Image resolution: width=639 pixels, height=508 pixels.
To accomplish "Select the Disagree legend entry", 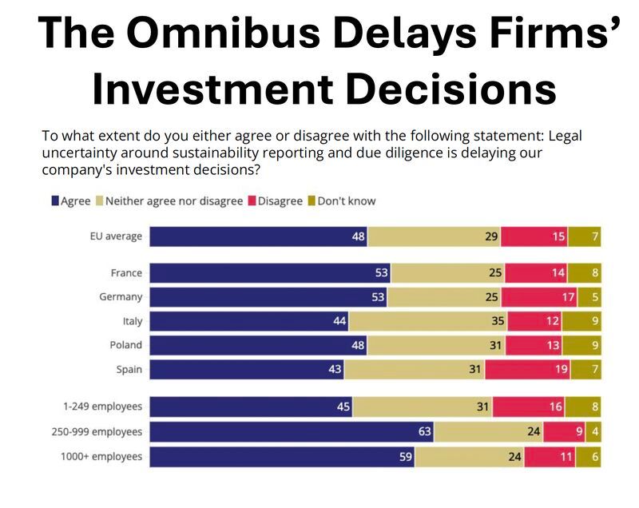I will click(x=276, y=201).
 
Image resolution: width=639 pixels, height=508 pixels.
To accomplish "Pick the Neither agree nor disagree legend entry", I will click(x=173, y=201).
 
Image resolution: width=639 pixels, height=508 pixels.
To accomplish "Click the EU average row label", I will click(x=116, y=236).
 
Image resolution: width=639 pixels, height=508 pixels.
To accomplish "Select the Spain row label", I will click(x=128, y=369).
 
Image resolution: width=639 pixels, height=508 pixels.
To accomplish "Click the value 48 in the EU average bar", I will click(x=358, y=236).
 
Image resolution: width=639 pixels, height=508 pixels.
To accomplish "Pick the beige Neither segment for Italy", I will click(x=427, y=321).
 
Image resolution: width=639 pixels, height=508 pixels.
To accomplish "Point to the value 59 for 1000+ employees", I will click(x=404, y=457).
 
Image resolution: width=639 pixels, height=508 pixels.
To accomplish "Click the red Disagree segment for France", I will click(x=535, y=273).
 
